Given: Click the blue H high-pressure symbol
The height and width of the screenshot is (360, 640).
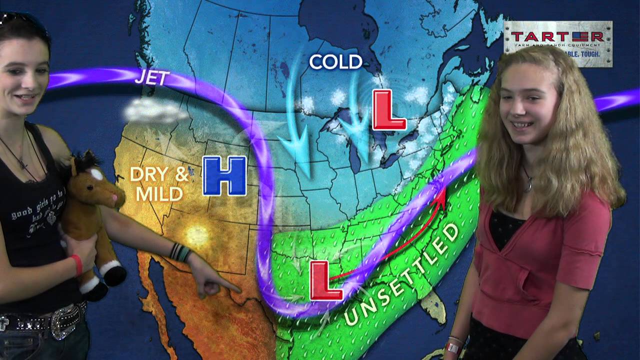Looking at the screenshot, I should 224,175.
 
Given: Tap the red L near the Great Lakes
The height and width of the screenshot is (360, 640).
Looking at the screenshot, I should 389,110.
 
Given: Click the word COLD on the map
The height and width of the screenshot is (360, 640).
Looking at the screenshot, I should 335,62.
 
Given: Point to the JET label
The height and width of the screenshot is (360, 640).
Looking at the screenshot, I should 152,78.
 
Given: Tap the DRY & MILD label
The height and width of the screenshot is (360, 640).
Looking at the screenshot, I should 157,183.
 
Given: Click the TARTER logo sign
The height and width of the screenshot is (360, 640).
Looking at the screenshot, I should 557,43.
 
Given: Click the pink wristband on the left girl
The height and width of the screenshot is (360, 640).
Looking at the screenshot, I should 76,265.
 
